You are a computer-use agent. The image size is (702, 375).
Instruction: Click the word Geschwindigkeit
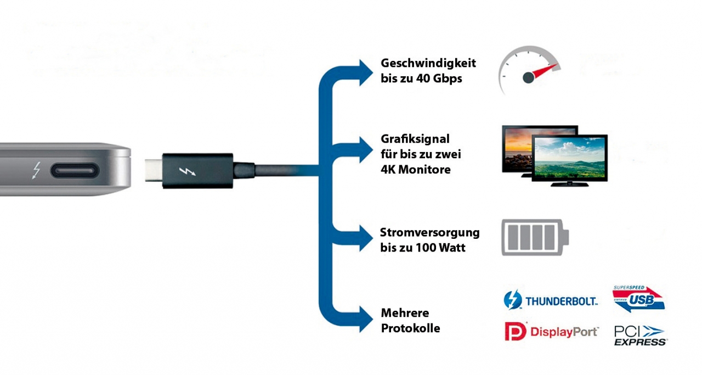click(x=428, y=63)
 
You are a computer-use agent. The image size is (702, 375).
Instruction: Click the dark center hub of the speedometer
click(x=528, y=78)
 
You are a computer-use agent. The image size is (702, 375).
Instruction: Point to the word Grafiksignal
click(x=415, y=139)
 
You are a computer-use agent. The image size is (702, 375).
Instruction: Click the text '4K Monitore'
click(x=416, y=170)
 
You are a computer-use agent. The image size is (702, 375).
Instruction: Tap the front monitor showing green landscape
click(x=570, y=159)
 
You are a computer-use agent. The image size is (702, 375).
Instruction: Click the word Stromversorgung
click(x=430, y=232)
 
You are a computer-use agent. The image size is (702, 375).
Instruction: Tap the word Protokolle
click(x=410, y=328)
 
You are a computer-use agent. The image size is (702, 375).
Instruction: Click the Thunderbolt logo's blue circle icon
click(x=513, y=300)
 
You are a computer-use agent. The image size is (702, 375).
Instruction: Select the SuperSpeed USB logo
click(x=638, y=299)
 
